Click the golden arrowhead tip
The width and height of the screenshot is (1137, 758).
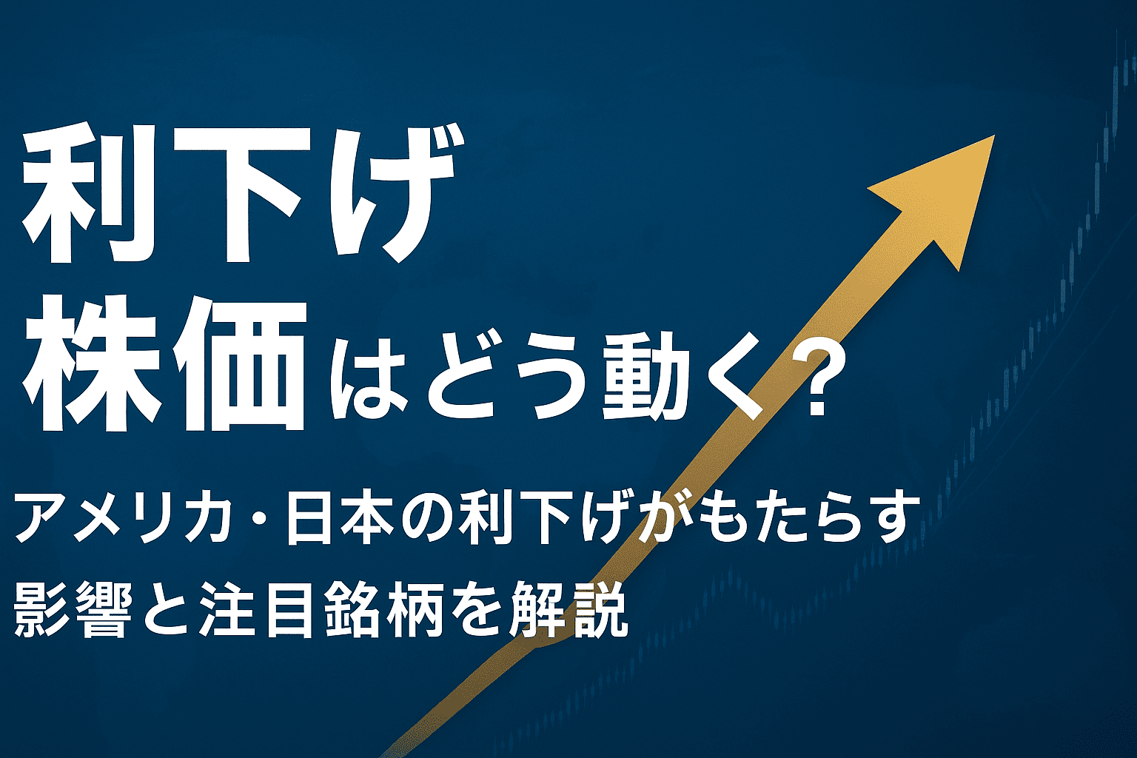click(994, 135)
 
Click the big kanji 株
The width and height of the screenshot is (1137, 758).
click(90, 363)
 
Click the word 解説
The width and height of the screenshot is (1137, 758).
click(569, 610)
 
